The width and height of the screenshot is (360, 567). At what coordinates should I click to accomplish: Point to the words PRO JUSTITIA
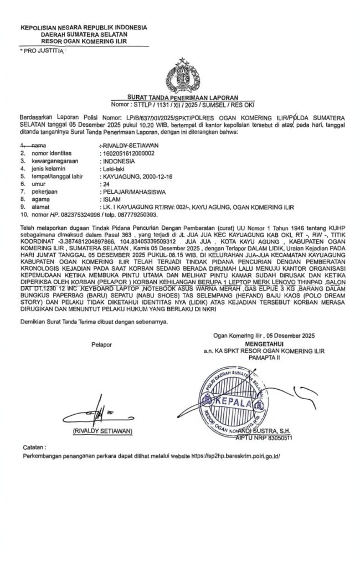[x=42, y=50]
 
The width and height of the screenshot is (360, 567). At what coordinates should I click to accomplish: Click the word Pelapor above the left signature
[x=102, y=344]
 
